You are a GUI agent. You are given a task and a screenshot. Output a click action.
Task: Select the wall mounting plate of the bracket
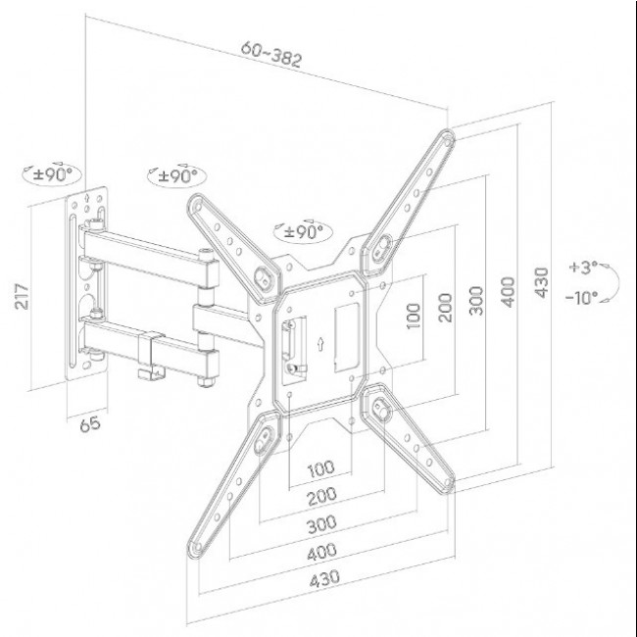(87, 284)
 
